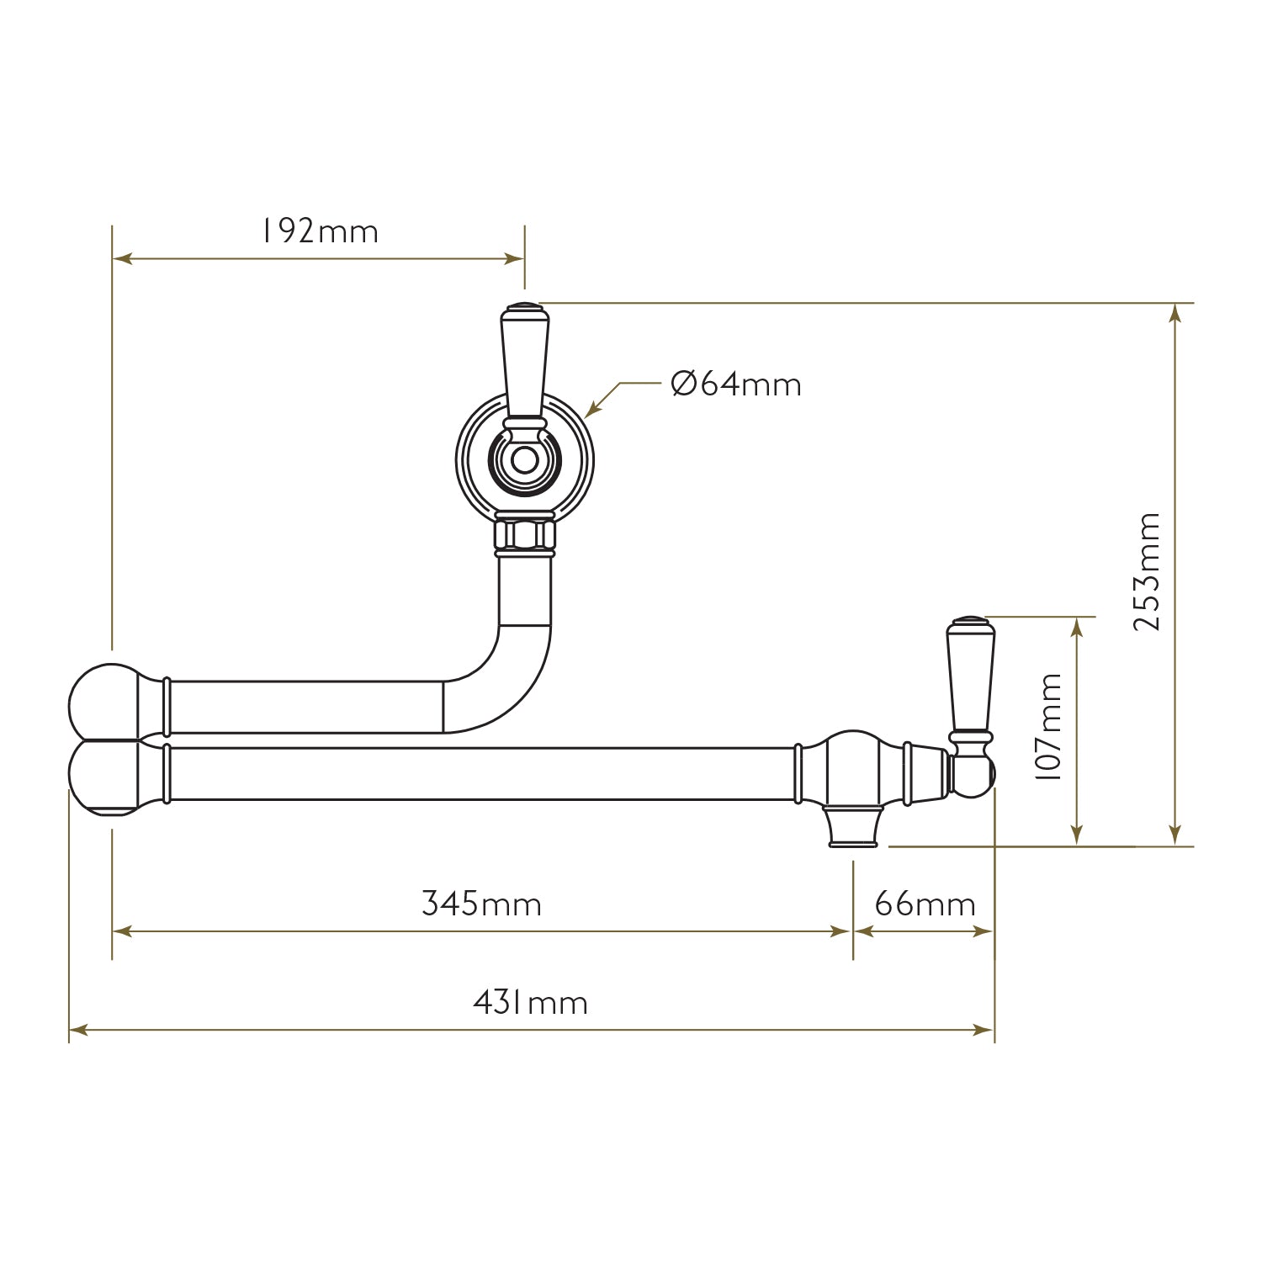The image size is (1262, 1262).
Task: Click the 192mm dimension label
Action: pos(319,231)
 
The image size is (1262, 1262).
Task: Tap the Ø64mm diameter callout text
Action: pos(736,384)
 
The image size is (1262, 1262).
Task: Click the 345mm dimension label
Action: pos(481,904)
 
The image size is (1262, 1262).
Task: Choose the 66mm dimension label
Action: pos(925,904)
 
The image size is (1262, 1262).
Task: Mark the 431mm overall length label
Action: pos(530,1003)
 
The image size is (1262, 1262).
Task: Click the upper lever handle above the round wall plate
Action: pos(524,362)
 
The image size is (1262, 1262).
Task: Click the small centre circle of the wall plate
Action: pos(524,461)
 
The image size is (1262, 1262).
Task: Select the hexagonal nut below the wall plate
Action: pos(525,534)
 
